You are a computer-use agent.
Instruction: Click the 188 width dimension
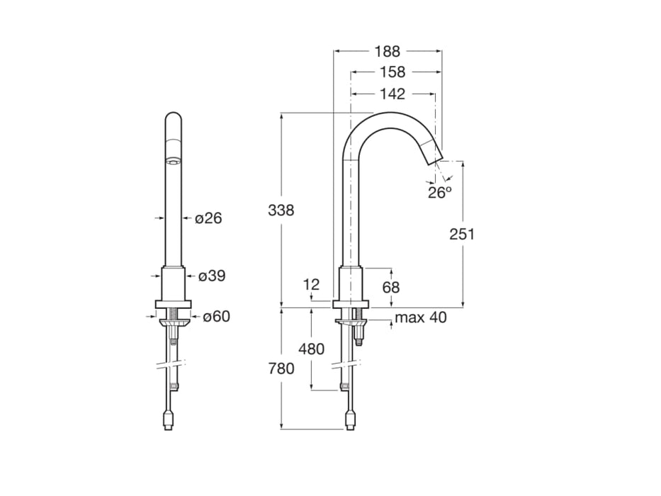388,51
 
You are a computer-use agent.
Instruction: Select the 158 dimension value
392,72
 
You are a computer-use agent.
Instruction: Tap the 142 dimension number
392,94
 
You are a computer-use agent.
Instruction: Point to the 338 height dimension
281,210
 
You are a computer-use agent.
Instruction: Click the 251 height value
463,235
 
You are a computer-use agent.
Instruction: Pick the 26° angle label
439,192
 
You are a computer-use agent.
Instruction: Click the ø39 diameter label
211,276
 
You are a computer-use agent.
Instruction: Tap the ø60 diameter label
215,317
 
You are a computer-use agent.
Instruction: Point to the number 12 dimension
312,285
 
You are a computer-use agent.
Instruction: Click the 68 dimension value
391,287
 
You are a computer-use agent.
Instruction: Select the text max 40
421,317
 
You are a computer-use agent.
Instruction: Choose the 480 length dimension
312,349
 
